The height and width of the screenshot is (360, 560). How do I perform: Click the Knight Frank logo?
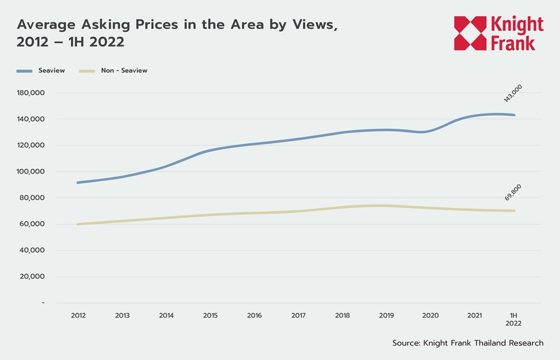[498, 34]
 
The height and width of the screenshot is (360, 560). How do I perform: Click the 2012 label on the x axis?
[78, 316]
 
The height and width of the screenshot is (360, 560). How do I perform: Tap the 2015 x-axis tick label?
[210, 316]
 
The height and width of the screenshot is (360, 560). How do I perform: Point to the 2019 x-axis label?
[386, 316]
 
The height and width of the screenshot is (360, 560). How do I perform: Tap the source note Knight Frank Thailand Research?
[468, 343]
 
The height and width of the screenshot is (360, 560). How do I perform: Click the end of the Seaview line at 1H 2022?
[514, 115]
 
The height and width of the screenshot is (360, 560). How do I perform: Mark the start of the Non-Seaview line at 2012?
[78, 224]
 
